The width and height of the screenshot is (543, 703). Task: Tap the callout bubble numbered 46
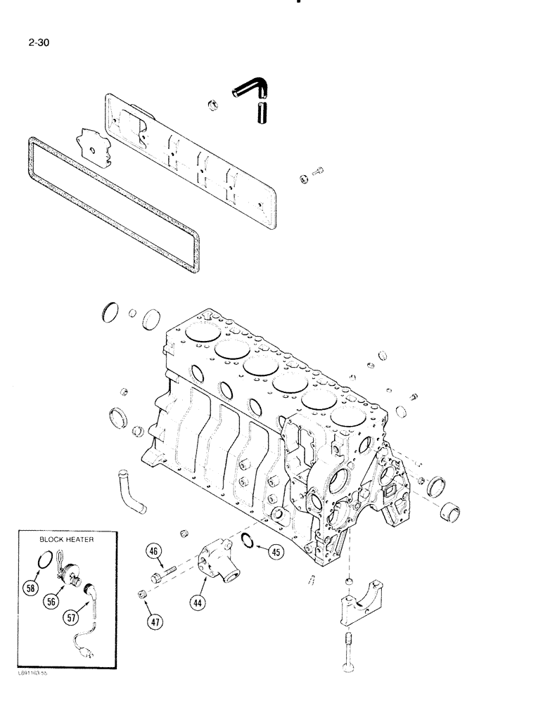pyautogui.click(x=153, y=552)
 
